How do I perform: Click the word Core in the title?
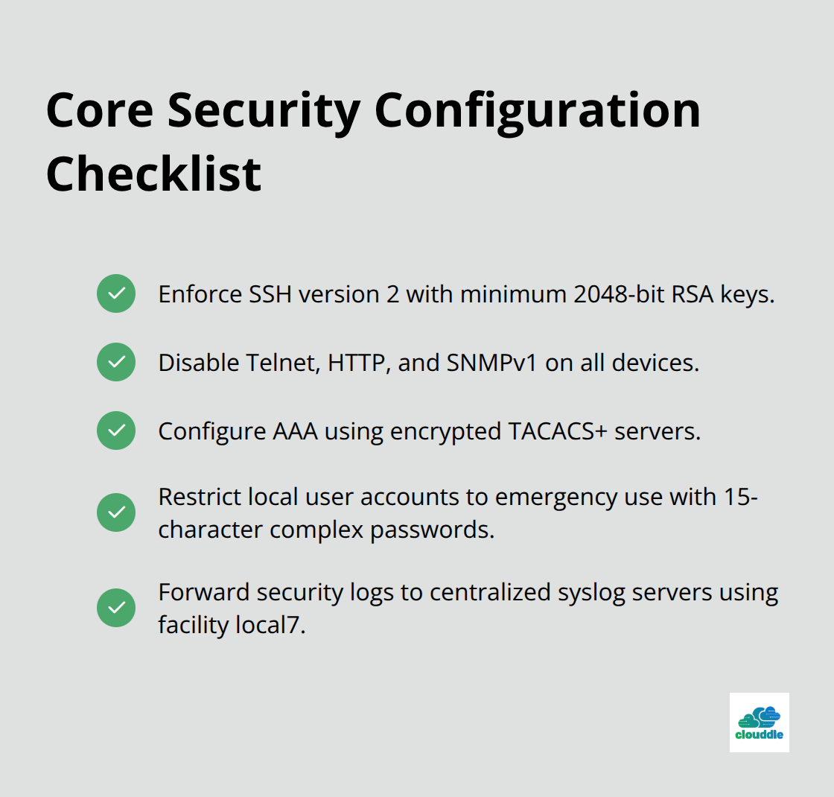coord(98,110)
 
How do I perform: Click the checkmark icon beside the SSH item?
coord(116,293)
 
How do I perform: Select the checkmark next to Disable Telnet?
coord(116,362)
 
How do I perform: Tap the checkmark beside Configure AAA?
coord(116,431)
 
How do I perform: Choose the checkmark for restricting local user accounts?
coord(116,512)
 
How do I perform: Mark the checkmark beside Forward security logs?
coord(116,608)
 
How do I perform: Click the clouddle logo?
coord(759,722)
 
